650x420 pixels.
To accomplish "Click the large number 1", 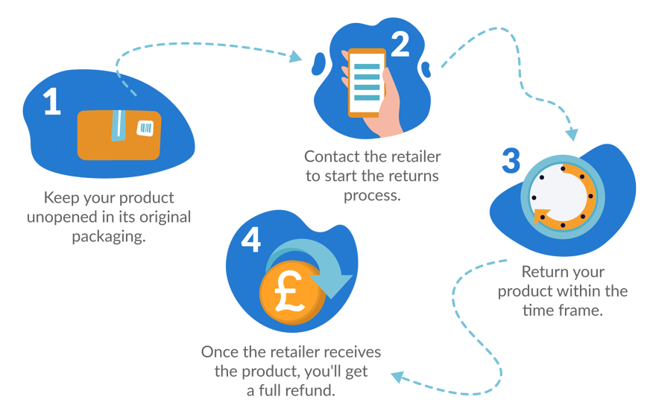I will click(51, 102).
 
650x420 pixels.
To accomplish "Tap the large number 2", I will click(400, 45).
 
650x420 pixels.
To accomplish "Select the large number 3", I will click(511, 161).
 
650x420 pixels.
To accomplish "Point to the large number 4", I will click(252, 241).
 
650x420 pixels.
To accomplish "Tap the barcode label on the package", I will click(145, 129).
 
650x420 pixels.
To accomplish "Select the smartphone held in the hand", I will click(367, 82).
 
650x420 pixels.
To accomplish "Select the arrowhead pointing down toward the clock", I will click(571, 135).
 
